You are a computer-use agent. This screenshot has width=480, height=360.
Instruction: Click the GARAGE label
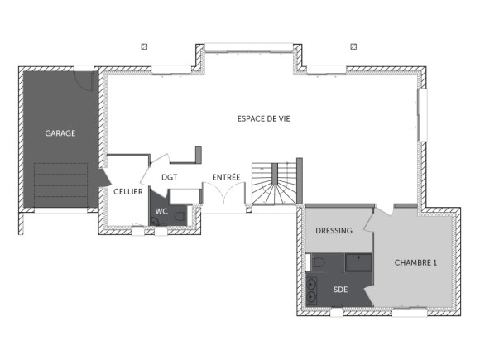(x=60, y=133)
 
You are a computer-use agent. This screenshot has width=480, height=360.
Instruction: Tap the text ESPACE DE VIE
(x=263, y=119)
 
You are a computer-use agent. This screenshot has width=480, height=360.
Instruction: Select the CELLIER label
(x=127, y=191)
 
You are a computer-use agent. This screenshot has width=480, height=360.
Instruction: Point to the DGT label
(x=169, y=177)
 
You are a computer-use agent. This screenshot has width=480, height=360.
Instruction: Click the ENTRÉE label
(x=226, y=177)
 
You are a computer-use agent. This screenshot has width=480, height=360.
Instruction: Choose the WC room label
(x=161, y=211)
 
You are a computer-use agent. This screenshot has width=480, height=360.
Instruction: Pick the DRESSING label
(x=334, y=231)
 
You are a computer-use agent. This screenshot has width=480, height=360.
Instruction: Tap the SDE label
(x=340, y=290)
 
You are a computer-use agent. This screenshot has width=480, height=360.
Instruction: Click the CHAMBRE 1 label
(x=415, y=263)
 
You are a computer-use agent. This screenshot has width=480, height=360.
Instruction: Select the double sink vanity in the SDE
(x=312, y=290)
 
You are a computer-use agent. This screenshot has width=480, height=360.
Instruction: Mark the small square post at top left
(x=145, y=47)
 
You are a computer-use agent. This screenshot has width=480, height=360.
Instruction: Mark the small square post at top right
(x=353, y=47)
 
